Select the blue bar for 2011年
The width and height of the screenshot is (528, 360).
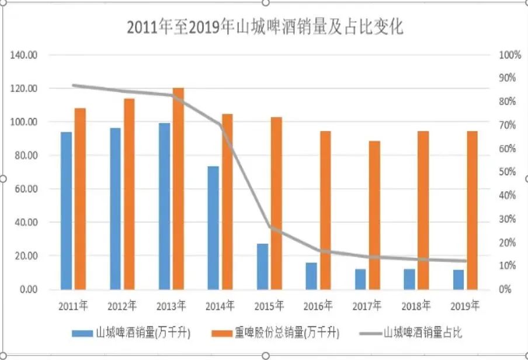click(67, 210)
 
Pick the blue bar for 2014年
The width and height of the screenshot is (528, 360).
click(213, 228)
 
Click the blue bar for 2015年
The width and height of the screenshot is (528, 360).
click(262, 266)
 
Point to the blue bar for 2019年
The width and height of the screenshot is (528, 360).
click(458, 279)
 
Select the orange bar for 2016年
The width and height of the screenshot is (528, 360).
click(325, 210)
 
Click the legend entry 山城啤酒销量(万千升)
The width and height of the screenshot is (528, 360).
click(131, 333)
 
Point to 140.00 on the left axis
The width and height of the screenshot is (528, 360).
click(24, 55)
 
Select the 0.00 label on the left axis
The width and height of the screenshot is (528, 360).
click(27, 289)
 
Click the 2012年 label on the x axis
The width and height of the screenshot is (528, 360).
click(122, 305)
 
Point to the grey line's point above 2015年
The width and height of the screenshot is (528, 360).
click(269, 227)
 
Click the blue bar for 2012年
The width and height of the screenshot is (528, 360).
click(116, 209)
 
